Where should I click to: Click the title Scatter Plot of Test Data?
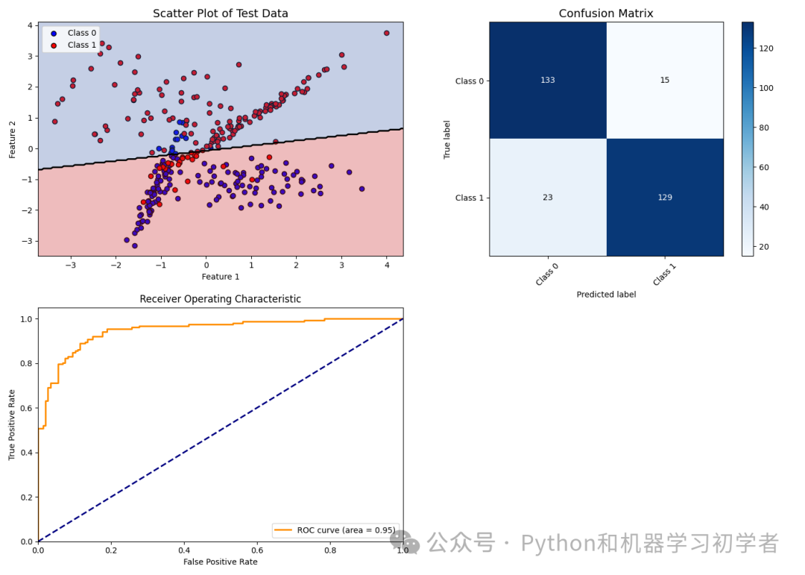click(220, 13)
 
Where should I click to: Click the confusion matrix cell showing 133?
click(548, 81)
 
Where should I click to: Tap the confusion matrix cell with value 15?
click(665, 81)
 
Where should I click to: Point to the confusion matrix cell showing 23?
click(548, 198)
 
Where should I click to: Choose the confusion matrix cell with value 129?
click(665, 198)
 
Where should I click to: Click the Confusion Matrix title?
click(606, 13)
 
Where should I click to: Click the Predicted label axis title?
click(606, 295)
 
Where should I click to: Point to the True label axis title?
click(447, 139)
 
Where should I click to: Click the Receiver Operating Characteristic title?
click(220, 299)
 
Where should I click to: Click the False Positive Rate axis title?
click(220, 562)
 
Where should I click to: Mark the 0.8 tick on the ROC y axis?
click(26, 363)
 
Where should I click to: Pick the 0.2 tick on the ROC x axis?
click(110, 550)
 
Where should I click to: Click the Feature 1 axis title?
click(220, 277)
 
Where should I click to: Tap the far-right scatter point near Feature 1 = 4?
click(386, 33)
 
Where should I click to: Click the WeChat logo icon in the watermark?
click(406, 542)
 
